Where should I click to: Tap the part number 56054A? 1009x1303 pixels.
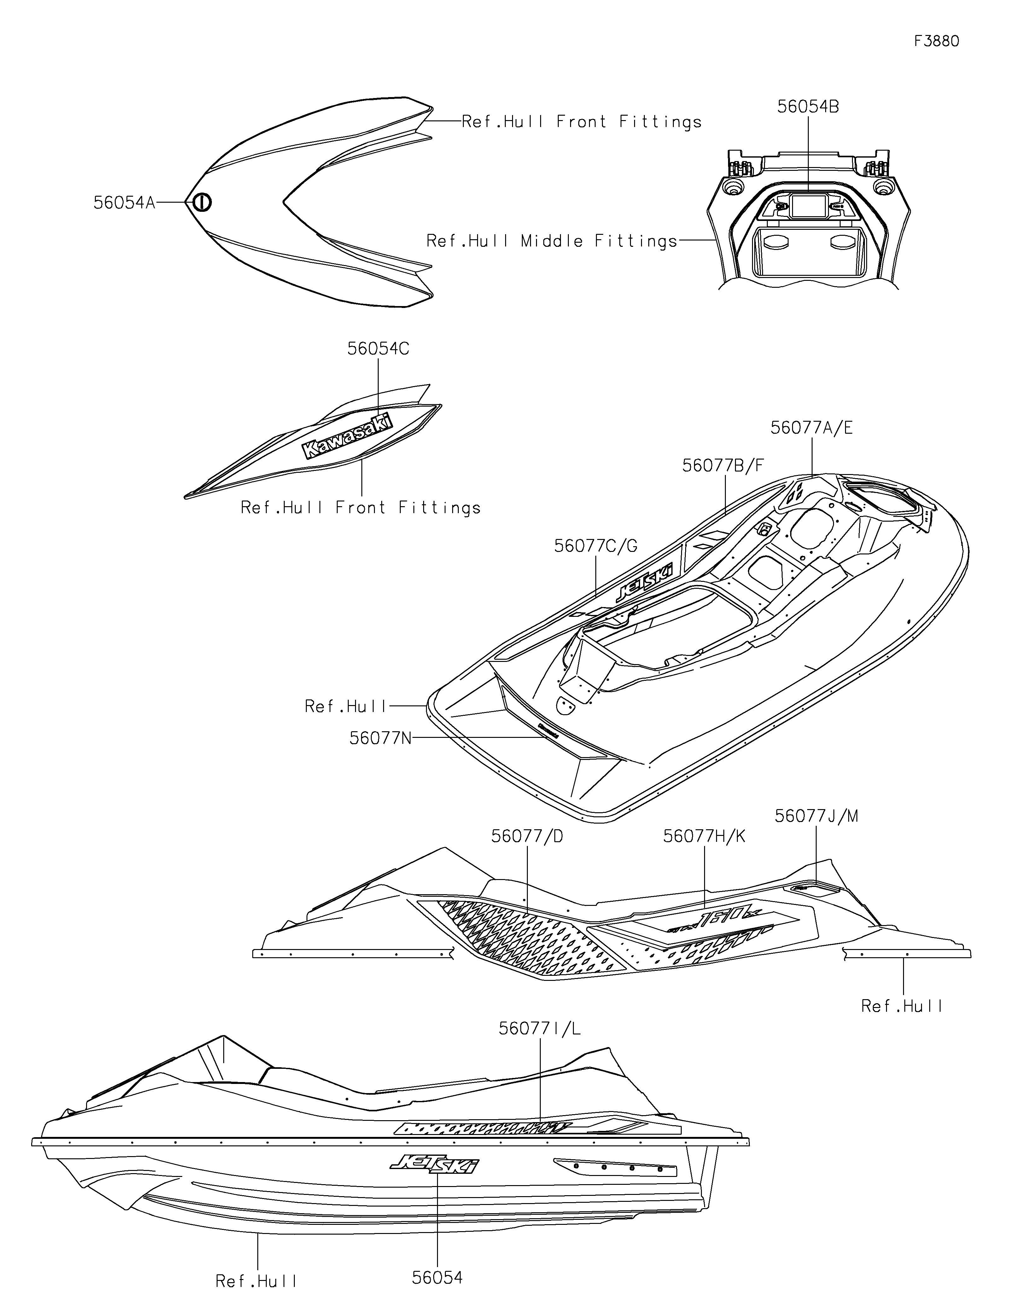(124, 203)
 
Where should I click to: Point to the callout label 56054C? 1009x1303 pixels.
(378, 349)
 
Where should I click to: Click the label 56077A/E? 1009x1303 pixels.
(812, 428)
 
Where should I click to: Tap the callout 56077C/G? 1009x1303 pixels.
(596, 546)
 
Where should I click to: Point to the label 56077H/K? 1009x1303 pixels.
(704, 837)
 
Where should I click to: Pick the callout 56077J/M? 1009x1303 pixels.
(816, 816)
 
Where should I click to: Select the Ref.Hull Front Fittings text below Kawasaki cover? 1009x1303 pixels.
(360, 508)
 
